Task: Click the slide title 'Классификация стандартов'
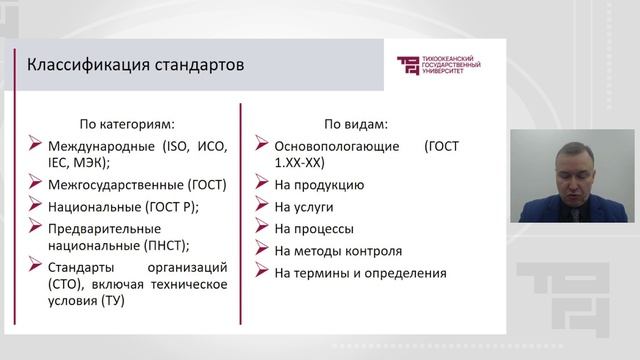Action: click(x=134, y=67)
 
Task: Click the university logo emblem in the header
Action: click(x=409, y=66)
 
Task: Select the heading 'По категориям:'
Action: click(x=126, y=125)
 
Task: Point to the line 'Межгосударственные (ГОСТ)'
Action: click(x=137, y=184)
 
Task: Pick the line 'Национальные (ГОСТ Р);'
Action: click(x=123, y=207)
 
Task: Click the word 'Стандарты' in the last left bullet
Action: click(x=83, y=267)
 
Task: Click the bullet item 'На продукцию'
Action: click(x=319, y=184)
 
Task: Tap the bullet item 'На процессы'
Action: click(x=315, y=228)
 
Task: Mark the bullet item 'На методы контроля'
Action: click(x=338, y=250)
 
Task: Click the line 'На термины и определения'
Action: click(x=360, y=272)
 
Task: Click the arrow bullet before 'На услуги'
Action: click(x=260, y=206)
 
